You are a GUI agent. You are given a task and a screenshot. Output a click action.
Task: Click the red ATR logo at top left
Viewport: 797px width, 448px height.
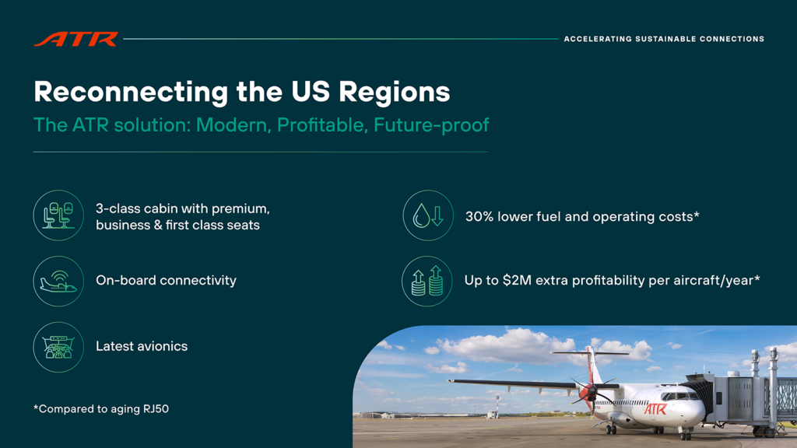[75, 39]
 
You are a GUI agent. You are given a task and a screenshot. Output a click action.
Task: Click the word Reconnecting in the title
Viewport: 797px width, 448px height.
[131, 93]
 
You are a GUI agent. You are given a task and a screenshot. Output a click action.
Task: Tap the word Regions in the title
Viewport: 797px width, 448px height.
[395, 93]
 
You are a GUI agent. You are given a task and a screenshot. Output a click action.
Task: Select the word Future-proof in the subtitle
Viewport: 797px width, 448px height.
[431, 125]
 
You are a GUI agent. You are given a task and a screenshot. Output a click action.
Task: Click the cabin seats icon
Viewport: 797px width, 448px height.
[58, 215]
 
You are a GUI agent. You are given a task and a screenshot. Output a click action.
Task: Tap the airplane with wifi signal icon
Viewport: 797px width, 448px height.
[58, 281]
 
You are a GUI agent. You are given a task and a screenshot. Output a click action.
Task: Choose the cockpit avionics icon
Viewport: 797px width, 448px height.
[58, 347]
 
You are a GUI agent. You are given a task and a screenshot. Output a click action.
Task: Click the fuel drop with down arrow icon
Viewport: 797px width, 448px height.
[428, 215]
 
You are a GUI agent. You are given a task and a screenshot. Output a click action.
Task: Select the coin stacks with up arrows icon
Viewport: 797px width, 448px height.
[427, 281]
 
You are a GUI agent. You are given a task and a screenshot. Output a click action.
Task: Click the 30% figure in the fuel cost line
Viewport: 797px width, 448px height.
[479, 217]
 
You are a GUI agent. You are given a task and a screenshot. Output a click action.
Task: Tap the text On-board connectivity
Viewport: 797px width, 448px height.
[167, 280]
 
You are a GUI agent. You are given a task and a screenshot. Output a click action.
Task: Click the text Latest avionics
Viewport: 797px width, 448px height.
[142, 346]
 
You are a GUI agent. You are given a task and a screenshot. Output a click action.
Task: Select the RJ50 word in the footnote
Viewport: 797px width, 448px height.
[156, 409]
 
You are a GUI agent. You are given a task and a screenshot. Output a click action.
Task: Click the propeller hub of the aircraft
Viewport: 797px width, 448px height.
[590, 392]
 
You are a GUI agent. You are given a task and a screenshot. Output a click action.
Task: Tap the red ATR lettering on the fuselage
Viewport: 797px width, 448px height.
[655, 408]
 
